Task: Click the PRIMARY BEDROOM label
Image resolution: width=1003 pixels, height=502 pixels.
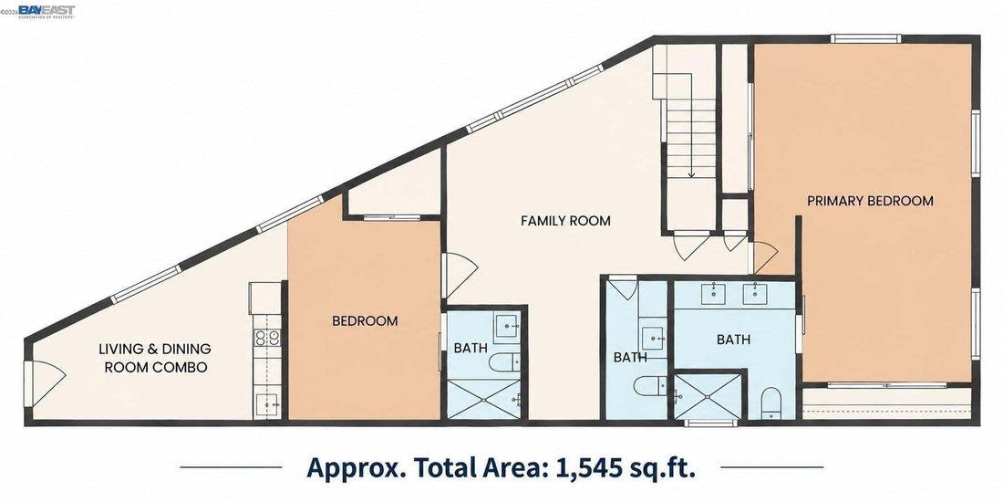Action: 870,201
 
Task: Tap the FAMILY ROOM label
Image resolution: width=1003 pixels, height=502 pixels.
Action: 565,221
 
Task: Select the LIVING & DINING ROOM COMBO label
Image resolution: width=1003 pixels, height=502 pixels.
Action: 155,358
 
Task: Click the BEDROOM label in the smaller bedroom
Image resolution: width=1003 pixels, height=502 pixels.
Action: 365,320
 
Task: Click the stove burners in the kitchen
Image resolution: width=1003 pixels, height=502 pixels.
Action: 268,338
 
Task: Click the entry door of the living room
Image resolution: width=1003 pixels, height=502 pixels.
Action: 45,383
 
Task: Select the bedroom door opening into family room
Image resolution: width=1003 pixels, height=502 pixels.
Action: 459,276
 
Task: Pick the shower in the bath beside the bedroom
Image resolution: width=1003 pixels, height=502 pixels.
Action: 484,400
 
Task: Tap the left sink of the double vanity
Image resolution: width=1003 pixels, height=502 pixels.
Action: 713,293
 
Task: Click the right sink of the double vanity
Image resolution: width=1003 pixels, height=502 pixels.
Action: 755,293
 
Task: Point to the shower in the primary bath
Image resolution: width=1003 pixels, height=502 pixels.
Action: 708,397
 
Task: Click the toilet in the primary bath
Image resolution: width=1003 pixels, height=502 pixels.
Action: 771,403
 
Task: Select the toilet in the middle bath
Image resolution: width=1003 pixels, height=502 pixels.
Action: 650,385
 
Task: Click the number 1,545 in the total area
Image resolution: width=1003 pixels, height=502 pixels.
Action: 590,466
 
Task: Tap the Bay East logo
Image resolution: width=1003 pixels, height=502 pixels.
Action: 47,11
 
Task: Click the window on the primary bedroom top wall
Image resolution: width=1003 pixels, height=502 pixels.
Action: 865,38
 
